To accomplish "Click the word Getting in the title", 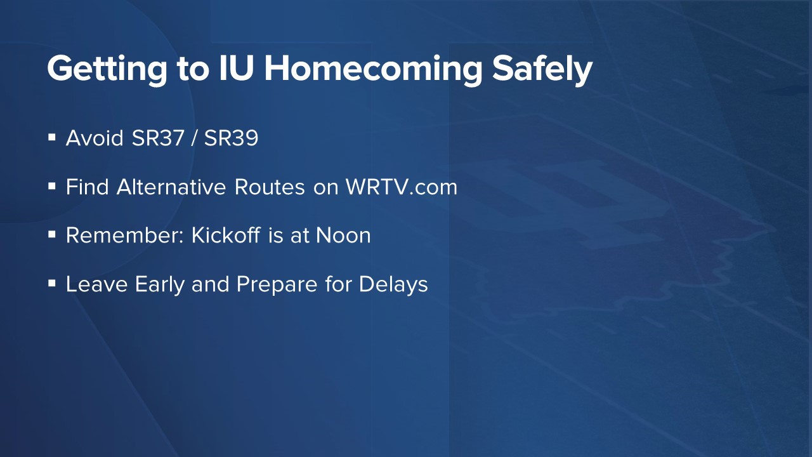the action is (x=107, y=69).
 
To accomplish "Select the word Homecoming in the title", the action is (x=374, y=69).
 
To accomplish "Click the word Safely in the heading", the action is (x=542, y=69).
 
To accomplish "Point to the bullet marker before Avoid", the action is (x=52, y=138).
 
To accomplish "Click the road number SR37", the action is (x=158, y=138).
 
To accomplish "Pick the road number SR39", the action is (x=231, y=138).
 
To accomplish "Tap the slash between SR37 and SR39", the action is (x=194, y=138).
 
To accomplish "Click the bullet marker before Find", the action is (x=52, y=187).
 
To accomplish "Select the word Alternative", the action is (x=171, y=187).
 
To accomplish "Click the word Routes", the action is (x=270, y=187).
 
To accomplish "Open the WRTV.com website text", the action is (x=402, y=187).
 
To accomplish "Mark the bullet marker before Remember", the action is (x=52, y=235).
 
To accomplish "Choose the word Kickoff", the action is (x=225, y=235).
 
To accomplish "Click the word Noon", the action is (x=343, y=235).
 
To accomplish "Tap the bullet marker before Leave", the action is (x=52, y=283).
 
